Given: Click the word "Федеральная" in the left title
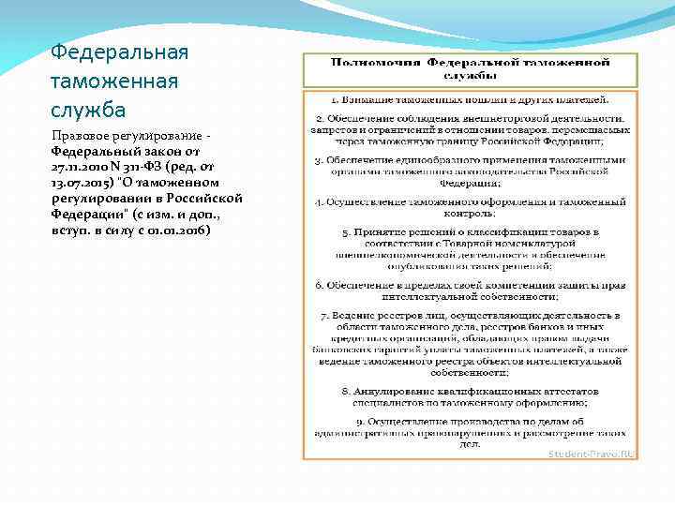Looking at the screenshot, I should pos(119,52).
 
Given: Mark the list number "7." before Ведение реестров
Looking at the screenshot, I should pos(323,316).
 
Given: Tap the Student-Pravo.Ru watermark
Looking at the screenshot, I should pos(590,454).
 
